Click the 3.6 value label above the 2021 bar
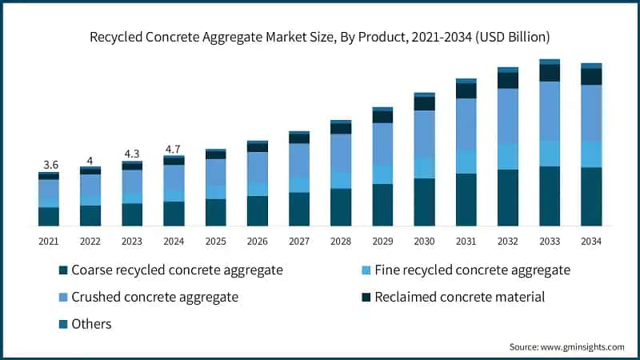point(50,165)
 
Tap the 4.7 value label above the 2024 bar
point(173,150)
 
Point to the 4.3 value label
point(132,154)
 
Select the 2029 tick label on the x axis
point(382,242)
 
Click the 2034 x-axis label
point(591,242)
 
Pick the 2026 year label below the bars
point(257,242)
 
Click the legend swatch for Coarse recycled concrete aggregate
point(63,270)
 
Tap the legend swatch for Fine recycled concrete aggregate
point(366,270)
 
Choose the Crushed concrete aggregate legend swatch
point(63,297)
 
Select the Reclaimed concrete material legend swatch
point(366,297)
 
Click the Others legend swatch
point(63,325)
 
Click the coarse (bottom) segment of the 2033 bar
point(550,196)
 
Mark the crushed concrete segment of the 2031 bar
point(466,124)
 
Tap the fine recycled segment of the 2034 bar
point(591,154)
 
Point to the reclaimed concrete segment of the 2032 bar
point(508,81)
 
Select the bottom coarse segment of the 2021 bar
point(49,217)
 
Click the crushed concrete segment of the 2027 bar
point(299,160)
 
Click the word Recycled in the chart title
point(115,37)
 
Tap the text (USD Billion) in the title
point(512,37)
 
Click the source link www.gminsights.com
point(582,347)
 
